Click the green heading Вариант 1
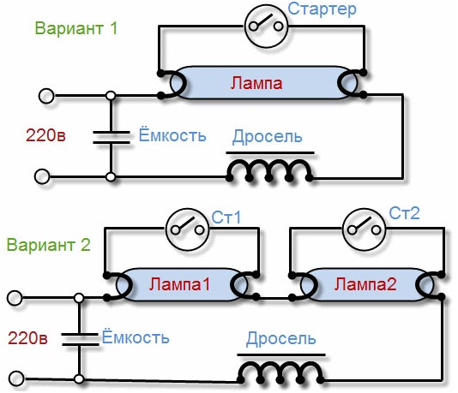75,28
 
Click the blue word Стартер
322,10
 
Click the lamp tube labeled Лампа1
180,284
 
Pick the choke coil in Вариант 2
281,371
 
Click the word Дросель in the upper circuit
268,137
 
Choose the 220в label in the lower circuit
27,337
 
